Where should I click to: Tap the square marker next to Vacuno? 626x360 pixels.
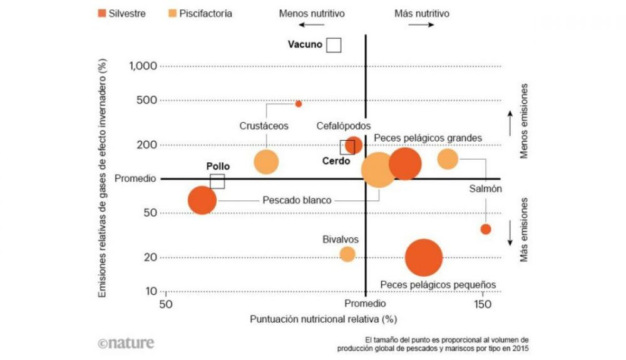pyautogui.click(x=334, y=45)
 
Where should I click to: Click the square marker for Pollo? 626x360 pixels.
pyautogui.click(x=217, y=181)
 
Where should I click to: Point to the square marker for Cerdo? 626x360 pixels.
pyautogui.click(x=347, y=147)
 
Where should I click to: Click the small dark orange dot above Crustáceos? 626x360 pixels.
pyautogui.click(x=299, y=104)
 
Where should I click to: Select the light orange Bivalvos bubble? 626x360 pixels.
pyautogui.click(x=347, y=254)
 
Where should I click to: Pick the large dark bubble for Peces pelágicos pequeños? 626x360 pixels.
pyautogui.click(x=424, y=257)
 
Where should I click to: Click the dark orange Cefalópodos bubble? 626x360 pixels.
pyautogui.click(x=354, y=145)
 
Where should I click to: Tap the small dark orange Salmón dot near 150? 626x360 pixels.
pyautogui.click(x=485, y=229)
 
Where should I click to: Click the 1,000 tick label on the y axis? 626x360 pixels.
pyautogui.click(x=143, y=66)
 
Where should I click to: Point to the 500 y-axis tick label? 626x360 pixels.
pyautogui.click(x=146, y=100)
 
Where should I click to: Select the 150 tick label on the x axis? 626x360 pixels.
pyautogui.click(x=482, y=304)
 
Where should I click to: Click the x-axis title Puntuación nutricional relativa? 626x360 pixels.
pyautogui.click(x=324, y=319)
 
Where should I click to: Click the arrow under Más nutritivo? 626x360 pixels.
pyautogui.click(x=421, y=25)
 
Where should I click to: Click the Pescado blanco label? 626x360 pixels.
pyautogui.click(x=297, y=201)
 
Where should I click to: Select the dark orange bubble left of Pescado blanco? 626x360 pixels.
pyautogui.click(x=202, y=200)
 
